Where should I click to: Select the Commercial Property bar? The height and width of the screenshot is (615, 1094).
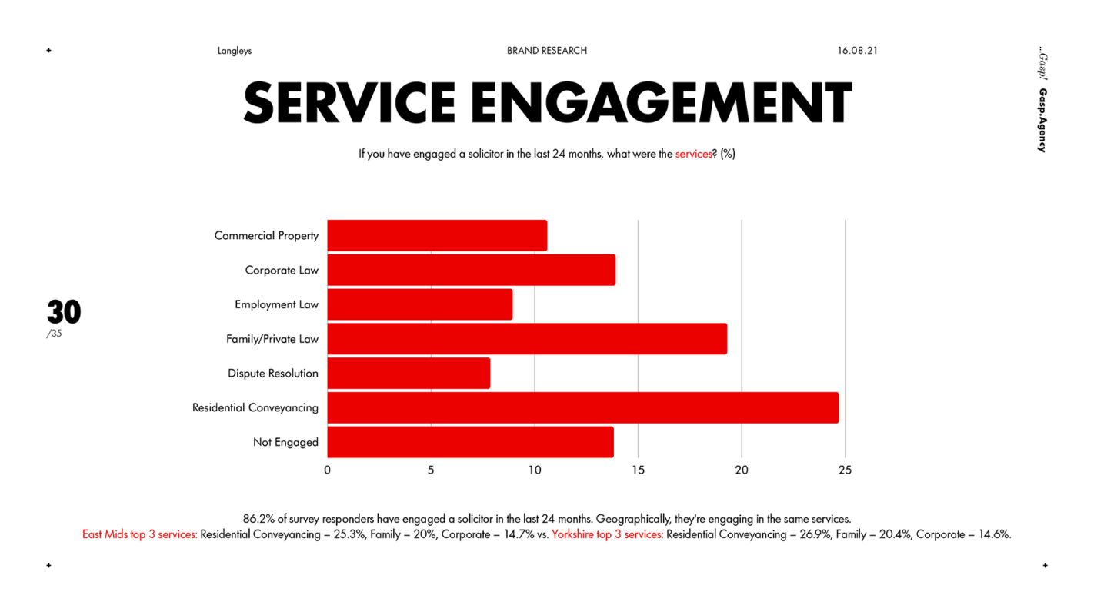pyautogui.click(x=437, y=235)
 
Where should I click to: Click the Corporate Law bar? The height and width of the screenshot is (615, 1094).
pyautogui.click(x=471, y=270)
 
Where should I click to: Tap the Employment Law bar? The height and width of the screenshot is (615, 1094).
pyautogui.click(x=419, y=304)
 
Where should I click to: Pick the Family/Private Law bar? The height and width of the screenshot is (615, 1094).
pyautogui.click(x=527, y=339)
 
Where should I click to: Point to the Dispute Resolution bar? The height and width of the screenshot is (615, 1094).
pyautogui.click(x=409, y=374)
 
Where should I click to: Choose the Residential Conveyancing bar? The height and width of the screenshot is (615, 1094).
pyautogui.click(x=582, y=407)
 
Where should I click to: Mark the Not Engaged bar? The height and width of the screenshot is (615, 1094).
pyautogui.click(x=470, y=442)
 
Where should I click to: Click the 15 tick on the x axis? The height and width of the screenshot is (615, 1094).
pyautogui.click(x=638, y=470)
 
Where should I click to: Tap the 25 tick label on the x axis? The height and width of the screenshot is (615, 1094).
pyautogui.click(x=845, y=470)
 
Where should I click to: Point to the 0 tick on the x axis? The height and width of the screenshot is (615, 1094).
pyautogui.click(x=328, y=470)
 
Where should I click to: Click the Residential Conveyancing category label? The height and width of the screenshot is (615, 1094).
pyautogui.click(x=255, y=408)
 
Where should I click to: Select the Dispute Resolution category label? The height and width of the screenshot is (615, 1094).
pyautogui.click(x=273, y=374)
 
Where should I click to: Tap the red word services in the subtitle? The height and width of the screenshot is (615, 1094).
pyautogui.click(x=693, y=154)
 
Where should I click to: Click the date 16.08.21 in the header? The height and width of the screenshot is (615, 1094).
pyautogui.click(x=858, y=51)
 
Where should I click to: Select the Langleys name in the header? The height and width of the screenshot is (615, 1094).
pyautogui.click(x=235, y=51)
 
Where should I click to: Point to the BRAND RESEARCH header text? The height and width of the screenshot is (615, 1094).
pyautogui.click(x=547, y=51)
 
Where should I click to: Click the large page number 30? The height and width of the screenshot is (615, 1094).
pyautogui.click(x=64, y=312)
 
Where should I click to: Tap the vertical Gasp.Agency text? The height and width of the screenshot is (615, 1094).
pyautogui.click(x=1042, y=121)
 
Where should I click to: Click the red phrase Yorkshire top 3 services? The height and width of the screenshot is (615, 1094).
pyautogui.click(x=607, y=534)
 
